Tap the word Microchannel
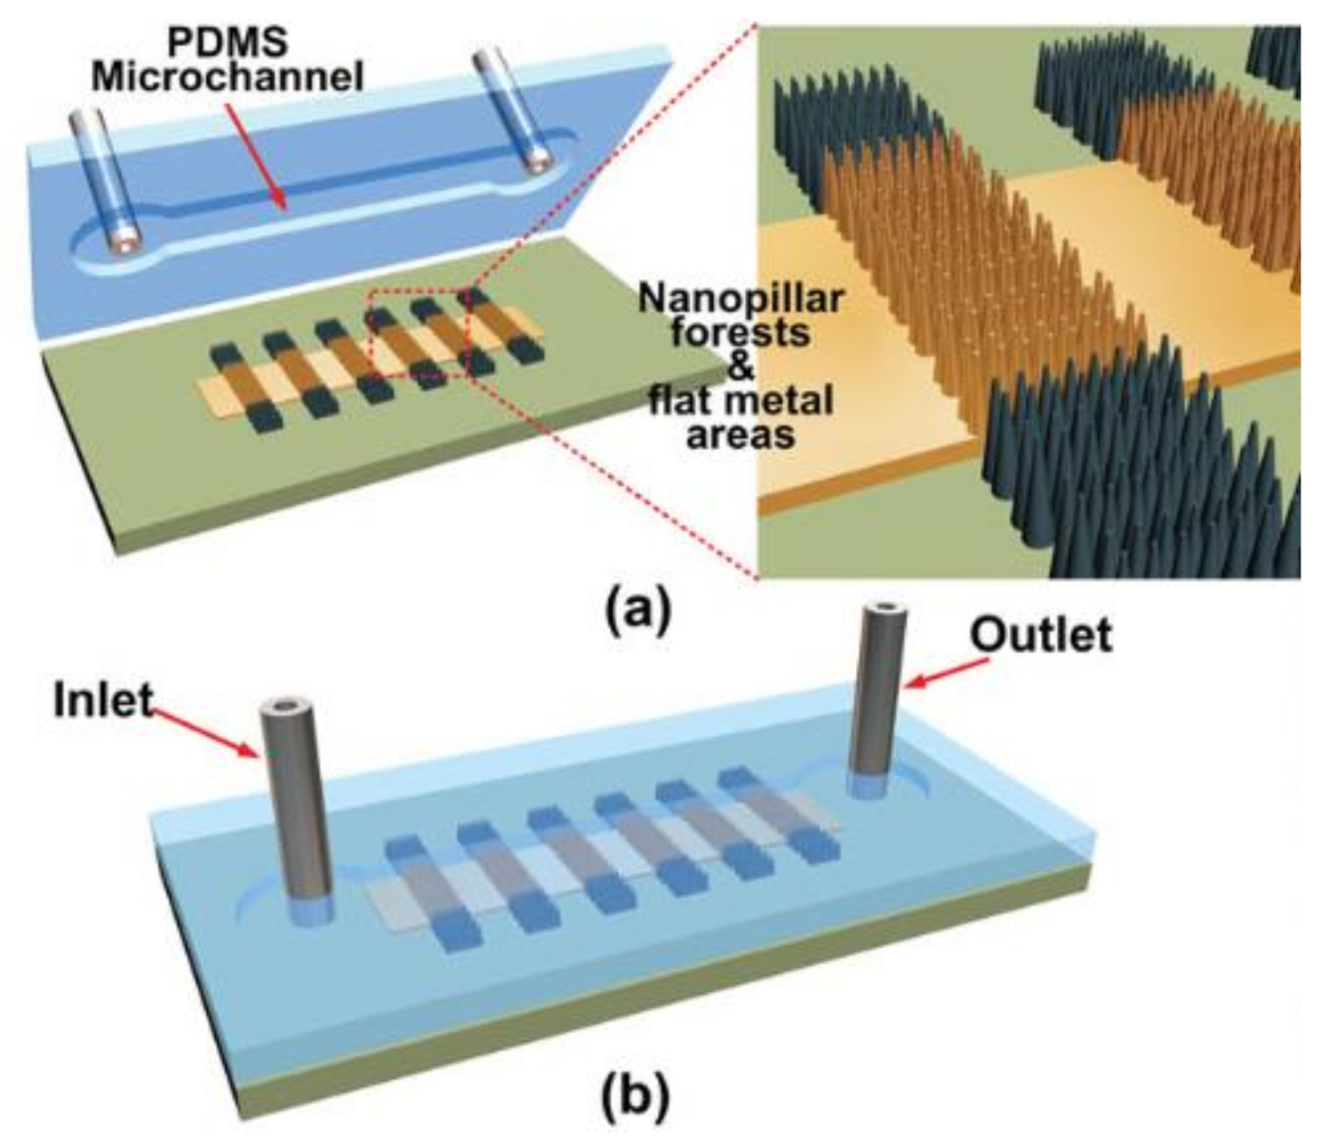pyautogui.click(x=227, y=78)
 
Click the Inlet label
pyautogui.click(x=103, y=699)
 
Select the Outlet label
pyautogui.click(x=1040, y=635)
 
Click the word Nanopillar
pyautogui.click(x=741, y=298)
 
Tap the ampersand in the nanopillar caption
pyautogui.click(x=741, y=367)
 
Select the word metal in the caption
pyautogui.click(x=784, y=400)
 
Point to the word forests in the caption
pyautogui.click(x=741, y=333)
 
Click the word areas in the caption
pyautogui.click(x=741, y=435)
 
